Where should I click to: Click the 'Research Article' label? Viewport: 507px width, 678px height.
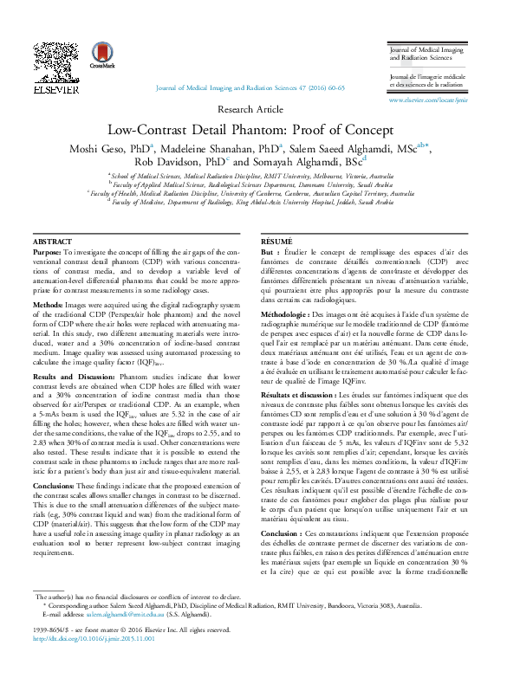coord(252,109)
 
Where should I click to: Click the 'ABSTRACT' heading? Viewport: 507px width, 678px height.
coord(52,216)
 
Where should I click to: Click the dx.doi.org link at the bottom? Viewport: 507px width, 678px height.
coord(93,664)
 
